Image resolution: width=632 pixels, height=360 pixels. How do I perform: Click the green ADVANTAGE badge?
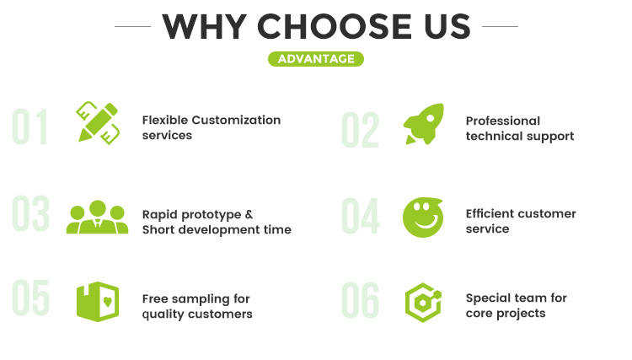tap(316, 59)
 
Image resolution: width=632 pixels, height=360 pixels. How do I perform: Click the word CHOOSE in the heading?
tap(335, 27)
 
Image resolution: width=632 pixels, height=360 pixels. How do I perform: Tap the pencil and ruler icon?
tap(98, 123)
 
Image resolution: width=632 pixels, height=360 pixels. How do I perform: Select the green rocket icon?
tap(424, 124)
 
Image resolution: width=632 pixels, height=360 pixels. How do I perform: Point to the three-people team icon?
tap(98, 217)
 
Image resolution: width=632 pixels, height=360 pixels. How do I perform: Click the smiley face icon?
tap(423, 218)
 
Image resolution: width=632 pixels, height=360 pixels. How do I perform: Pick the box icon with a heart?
tap(98, 302)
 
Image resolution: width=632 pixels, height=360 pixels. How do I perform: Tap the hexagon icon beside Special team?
tap(423, 303)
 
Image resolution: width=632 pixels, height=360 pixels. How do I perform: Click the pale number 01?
tap(30, 126)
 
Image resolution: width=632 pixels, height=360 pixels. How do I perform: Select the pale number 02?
tap(360, 130)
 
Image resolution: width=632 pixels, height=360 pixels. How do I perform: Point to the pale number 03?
tap(30, 213)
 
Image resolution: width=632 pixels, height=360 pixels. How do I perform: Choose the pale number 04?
tap(361, 216)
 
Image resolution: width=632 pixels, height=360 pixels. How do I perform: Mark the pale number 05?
tap(30, 298)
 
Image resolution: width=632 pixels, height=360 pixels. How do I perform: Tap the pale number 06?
tap(361, 300)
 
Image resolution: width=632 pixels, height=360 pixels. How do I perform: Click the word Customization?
tap(236, 120)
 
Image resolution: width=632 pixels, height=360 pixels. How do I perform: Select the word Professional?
tap(503, 121)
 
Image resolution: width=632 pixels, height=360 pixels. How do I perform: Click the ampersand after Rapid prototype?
tap(249, 214)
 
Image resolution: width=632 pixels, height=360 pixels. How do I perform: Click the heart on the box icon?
tap(108, 301)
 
